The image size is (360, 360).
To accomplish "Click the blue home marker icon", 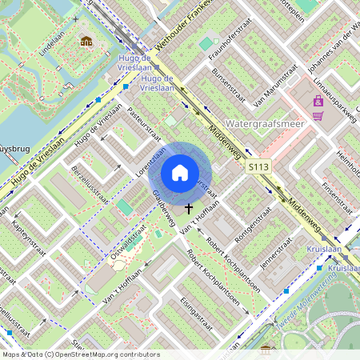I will pyautogui.click(x=180, y=173).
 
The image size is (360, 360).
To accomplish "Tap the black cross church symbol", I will pyautogui.click(x=190, y=209).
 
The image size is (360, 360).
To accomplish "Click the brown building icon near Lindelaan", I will pyautogui.click(x=86, y=41).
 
